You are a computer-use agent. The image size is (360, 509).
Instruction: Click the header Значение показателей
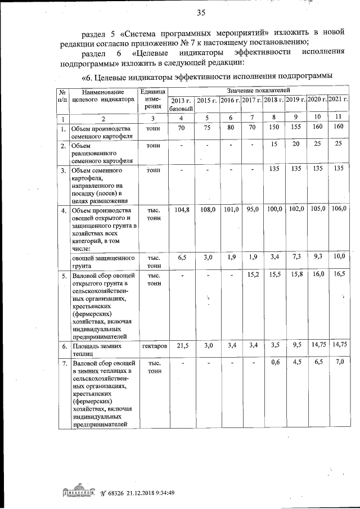[258, 89]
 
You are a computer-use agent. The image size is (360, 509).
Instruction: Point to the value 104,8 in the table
[181, 210]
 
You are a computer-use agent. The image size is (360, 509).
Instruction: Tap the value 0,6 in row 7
[274, 363]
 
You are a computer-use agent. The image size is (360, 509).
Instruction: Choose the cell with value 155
[294, 128]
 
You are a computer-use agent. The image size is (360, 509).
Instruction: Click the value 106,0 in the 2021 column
[339, 210]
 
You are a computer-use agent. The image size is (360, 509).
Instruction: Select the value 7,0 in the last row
[339, 363]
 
